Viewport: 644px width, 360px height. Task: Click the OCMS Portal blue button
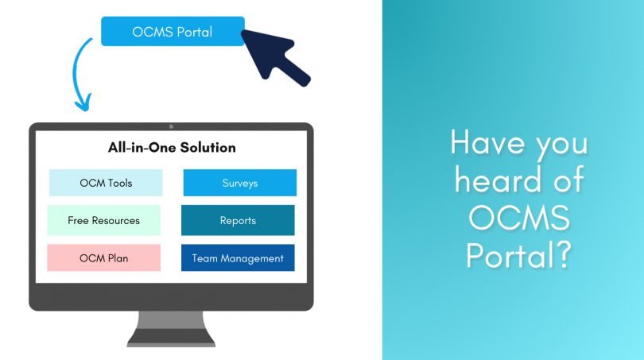tap(173, 32)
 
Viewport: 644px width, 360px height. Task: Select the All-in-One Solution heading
tap(172, 148)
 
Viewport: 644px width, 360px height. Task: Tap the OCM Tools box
tap(106, 183)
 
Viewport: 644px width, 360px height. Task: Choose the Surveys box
tap(239, 183)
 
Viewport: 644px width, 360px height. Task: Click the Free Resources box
tap(103, 220)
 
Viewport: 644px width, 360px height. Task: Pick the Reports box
tap(238, 220)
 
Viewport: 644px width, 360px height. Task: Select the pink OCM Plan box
tap(103, 257)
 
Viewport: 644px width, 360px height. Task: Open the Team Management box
tap(238, 257)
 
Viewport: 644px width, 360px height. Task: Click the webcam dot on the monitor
tap(171, 126)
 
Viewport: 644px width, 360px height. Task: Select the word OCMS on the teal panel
tap(519, 219)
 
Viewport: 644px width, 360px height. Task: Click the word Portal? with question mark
tap(519, 257)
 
